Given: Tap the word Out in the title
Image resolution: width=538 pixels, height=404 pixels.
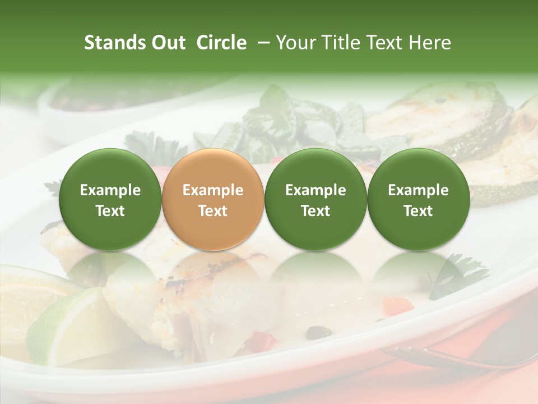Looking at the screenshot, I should (166, 43).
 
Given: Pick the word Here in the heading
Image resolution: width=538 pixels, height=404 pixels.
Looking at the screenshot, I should (430, 43).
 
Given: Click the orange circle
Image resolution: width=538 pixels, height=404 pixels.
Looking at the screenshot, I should (213, 200).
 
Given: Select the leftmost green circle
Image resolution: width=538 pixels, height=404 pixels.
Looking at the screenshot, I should (110, 200).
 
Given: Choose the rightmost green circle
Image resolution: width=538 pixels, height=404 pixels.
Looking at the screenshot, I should (418, 200).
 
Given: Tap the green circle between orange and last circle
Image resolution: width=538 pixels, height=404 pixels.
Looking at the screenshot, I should (316, 200).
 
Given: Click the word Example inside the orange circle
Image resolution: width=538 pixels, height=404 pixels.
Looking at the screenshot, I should (213, 190).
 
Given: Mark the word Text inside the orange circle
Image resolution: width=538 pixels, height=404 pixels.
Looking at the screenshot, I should (213, 211).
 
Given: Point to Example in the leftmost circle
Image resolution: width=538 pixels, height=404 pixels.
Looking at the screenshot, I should (110, 190).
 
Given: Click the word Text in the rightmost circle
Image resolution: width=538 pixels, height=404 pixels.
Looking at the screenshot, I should (418, 211).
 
